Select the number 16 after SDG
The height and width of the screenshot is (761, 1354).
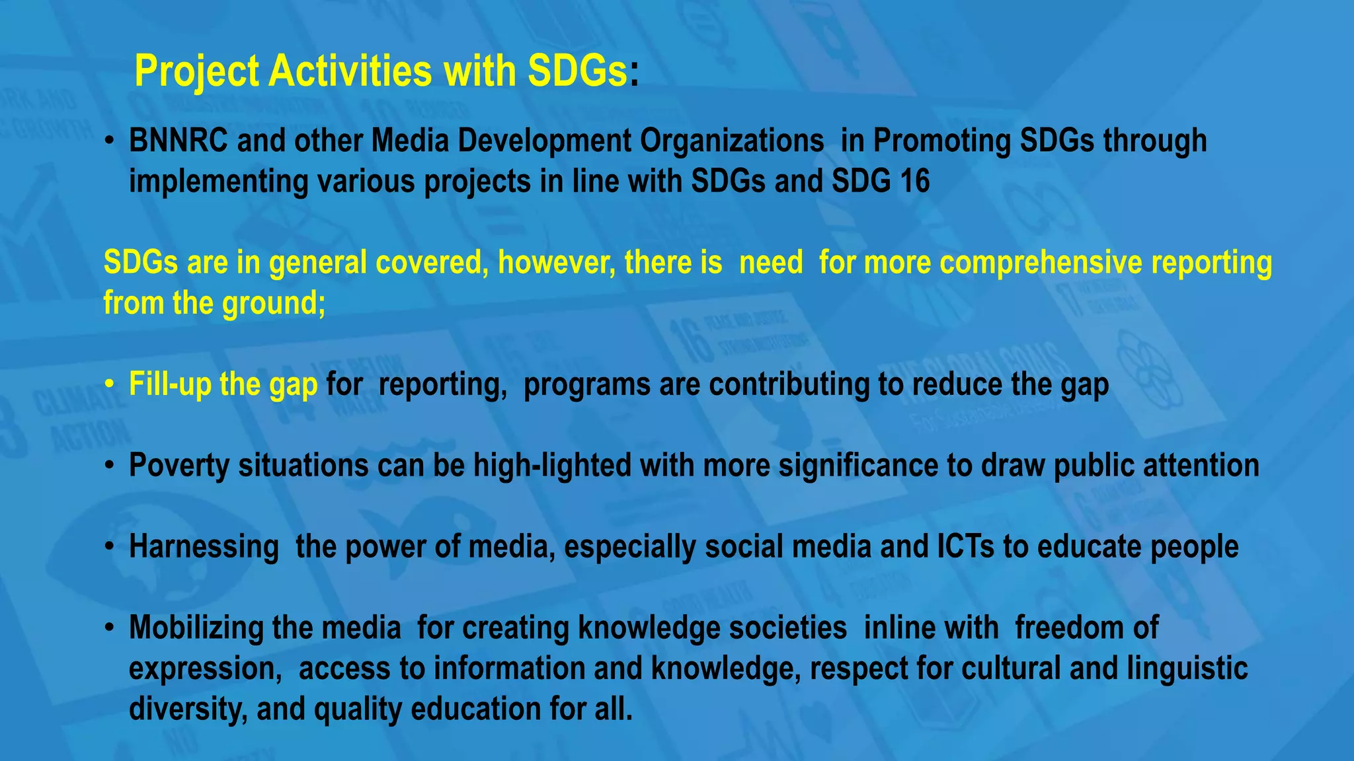[x=914, y=181]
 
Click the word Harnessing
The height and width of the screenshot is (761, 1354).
[x=204, y=548]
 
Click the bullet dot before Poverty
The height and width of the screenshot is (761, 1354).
[x=110, y=466]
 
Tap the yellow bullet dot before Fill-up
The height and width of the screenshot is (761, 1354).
[x=110, y=385]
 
